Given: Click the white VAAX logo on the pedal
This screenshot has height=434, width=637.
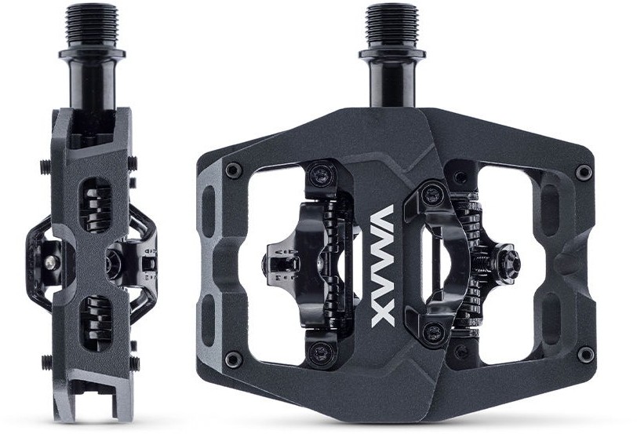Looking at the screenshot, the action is click(383, 266).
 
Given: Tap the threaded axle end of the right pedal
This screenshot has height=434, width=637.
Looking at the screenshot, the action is click(391, 27).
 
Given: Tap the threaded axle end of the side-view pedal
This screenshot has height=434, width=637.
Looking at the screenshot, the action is click(92, 27).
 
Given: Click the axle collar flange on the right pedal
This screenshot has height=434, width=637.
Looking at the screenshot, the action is click(392, 55).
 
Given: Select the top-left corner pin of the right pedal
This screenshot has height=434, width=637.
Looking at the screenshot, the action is click(234, 170).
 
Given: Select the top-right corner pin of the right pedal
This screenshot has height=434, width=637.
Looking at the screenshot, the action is click(584, 172).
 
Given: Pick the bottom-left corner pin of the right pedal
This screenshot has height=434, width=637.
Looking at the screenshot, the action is click(234, 359).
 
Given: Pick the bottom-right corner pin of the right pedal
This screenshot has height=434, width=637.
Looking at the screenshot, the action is click(585, 355).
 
